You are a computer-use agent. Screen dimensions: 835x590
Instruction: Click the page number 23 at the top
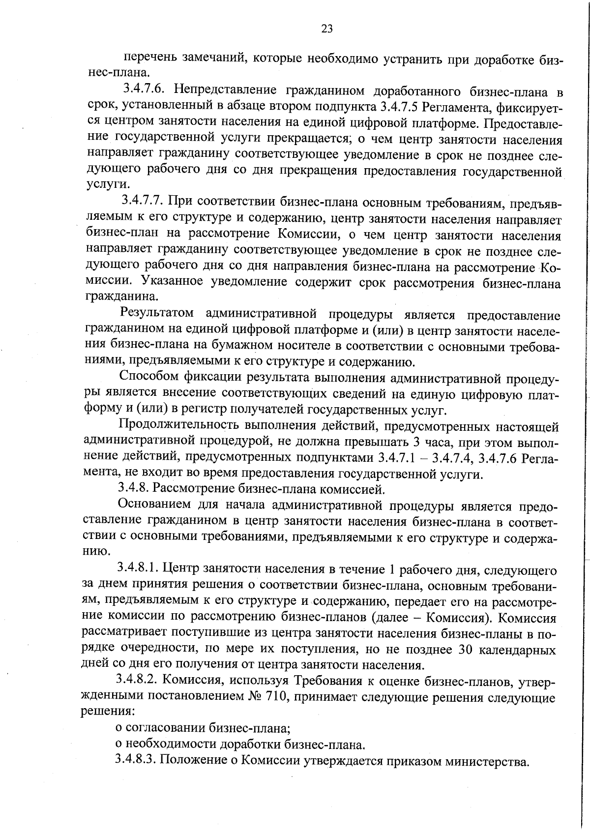(x=327, y=29)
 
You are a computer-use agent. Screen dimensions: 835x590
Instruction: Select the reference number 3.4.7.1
(x=396, y=457)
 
